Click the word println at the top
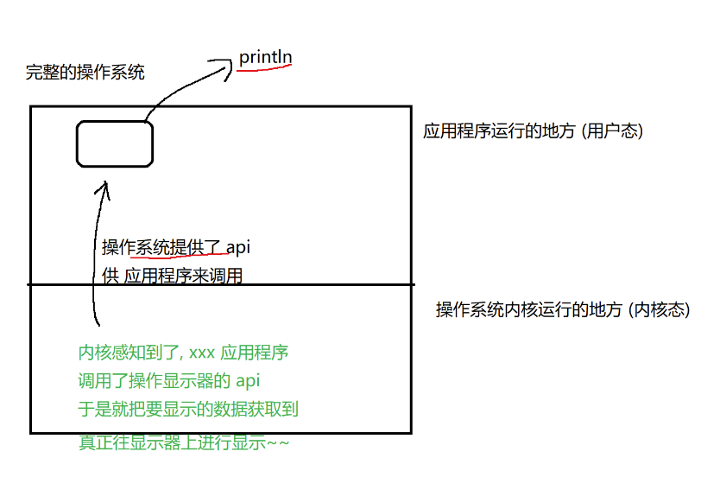(266, 58)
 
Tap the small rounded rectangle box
(115, 143)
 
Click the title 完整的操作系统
(85, 73)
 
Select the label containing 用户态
(533, 131)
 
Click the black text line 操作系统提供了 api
(176, 248)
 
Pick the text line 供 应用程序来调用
(172, 277)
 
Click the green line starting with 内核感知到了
(183, 353)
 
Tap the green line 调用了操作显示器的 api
(169, 380)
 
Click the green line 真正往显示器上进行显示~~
(184, 442)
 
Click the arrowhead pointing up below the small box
(105, 187)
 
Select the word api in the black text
(238, 248)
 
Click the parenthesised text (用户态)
(612, 131)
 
